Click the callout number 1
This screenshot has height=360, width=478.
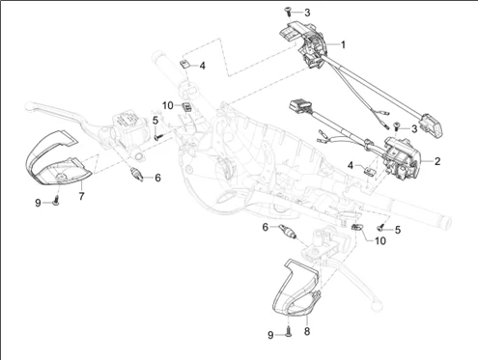(x=343, y=44)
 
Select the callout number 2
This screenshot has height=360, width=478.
(x=437, y=161)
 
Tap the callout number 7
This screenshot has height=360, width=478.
(x=81, y=196)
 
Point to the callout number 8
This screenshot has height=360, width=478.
(x=307, y=331)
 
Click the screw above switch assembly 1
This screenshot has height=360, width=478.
(x=288, y=11)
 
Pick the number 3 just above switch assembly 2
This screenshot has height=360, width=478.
(x=414, y=128)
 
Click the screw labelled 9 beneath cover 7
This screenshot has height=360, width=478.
(x=57, y=201)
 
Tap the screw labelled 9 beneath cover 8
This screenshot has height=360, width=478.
(x=289, y=332)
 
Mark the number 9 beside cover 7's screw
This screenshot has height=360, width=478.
(x=38, y=203)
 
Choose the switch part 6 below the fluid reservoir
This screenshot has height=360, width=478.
(x=136, y=174)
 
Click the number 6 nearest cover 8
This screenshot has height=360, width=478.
(x=266, y=227)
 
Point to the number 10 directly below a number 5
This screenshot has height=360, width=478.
(x=380, y=240)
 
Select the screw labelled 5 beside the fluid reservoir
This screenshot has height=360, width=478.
(x=158, y=137)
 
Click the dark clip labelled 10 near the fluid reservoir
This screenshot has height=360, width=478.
(x=186, y=106)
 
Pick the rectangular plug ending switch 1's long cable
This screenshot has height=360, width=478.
(x=433, y=125)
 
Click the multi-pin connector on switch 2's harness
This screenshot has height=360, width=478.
(x=300, y=106)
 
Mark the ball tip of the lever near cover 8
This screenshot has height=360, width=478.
(x=376, y=304)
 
